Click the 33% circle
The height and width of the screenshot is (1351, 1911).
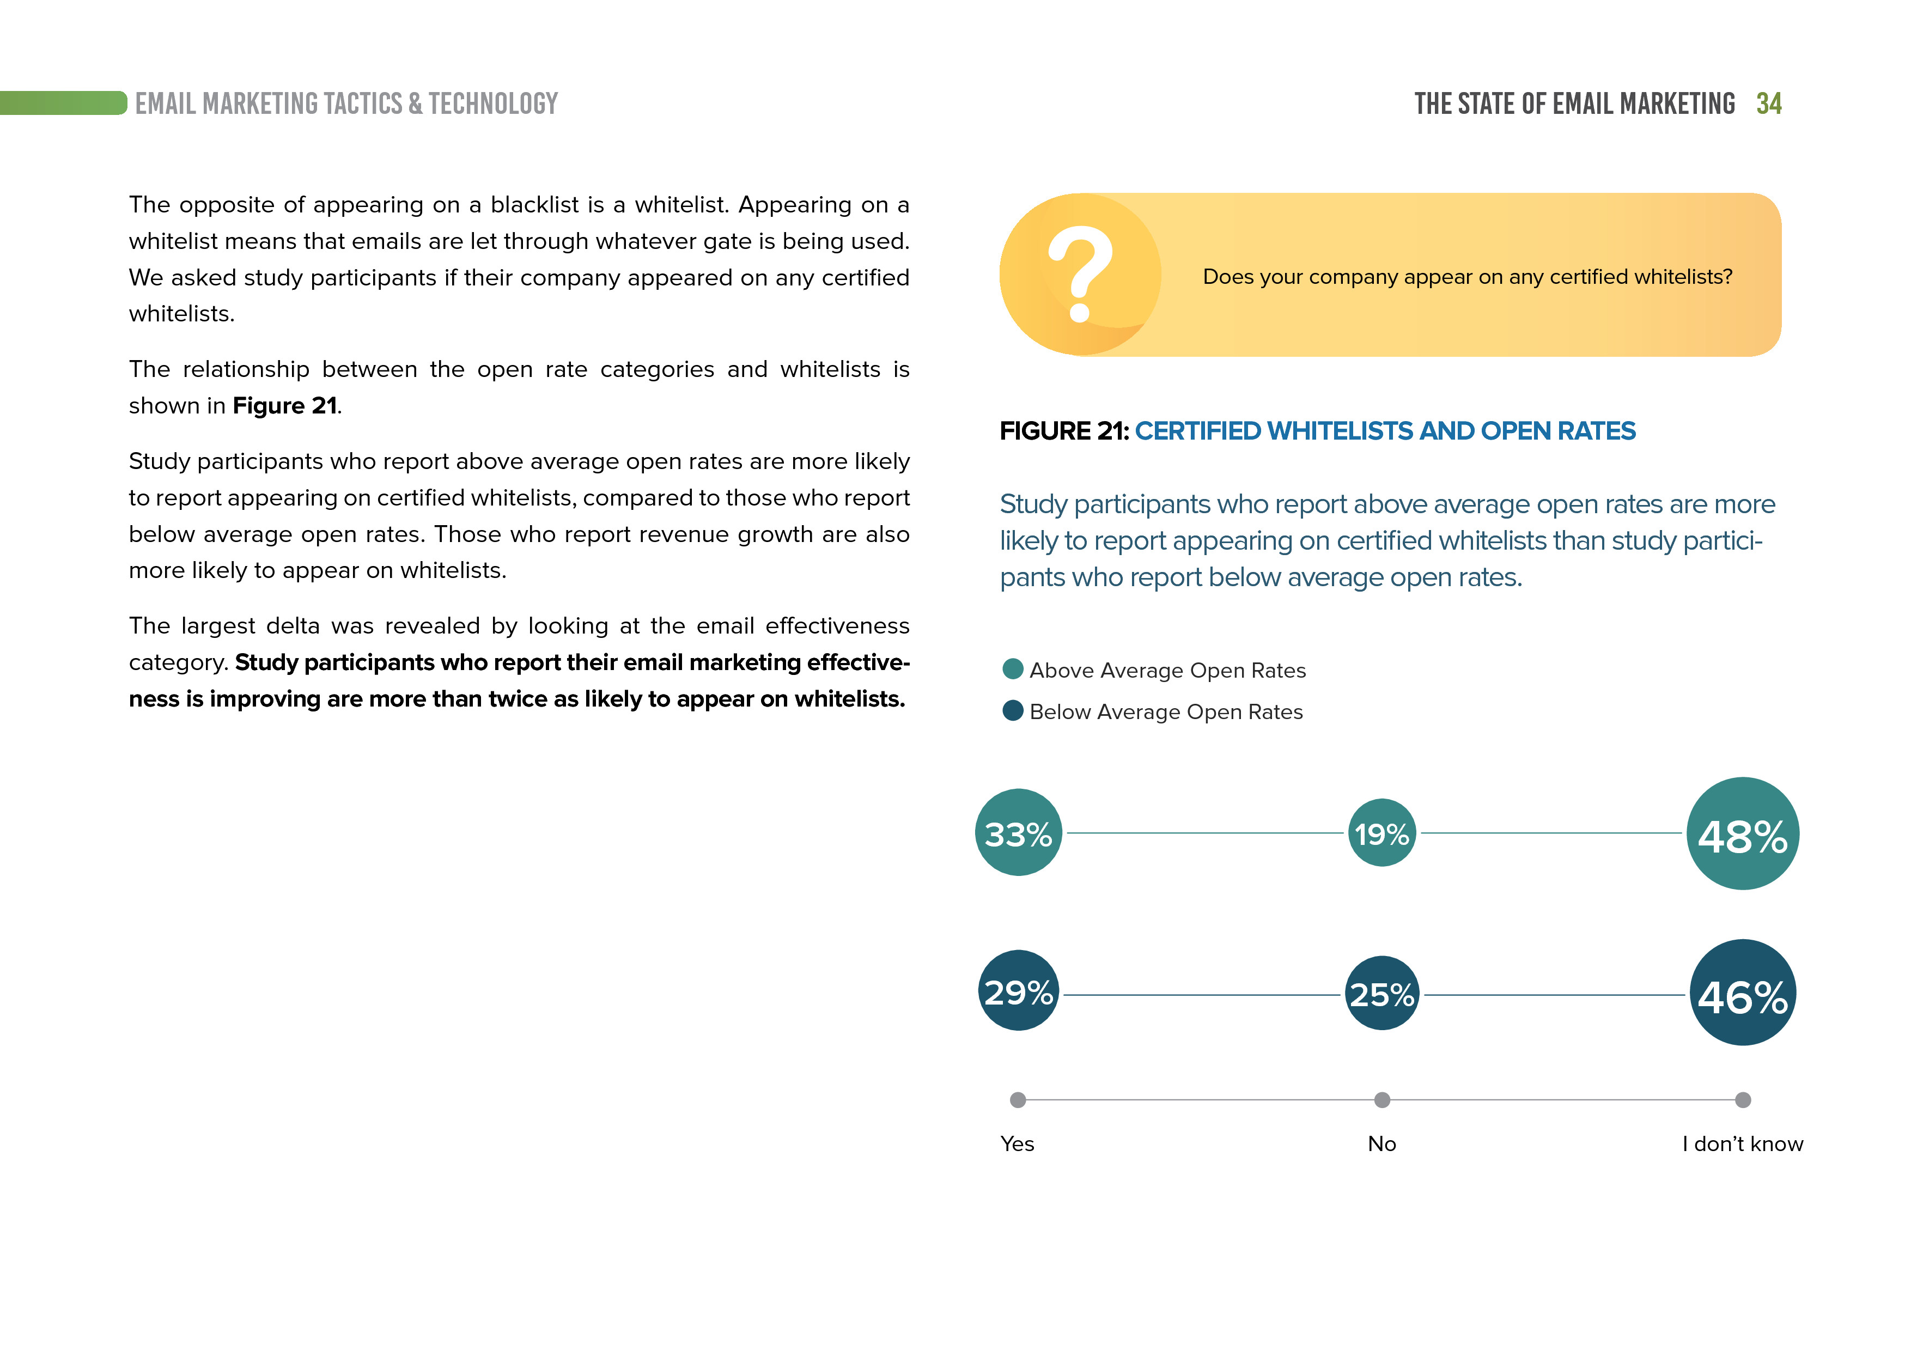(x=1018, y=832)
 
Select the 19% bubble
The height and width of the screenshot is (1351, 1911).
(x=1381, y=832)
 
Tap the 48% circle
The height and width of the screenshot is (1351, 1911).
(x=1742, y=833)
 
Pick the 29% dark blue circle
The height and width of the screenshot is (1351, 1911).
(x=1018, y=990)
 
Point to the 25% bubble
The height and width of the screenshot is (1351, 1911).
(x=1381, y=993)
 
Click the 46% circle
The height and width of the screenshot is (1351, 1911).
(x=1742, y=993)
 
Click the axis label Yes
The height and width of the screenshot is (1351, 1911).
(x=1017, y=1144)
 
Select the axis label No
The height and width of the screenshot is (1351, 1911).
(x=1381, y=1144)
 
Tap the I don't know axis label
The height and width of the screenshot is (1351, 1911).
(x=1742, y=1144)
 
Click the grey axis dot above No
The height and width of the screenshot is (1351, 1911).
(x=1381, y=1100)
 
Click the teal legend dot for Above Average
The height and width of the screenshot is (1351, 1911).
(x=1013, y=670)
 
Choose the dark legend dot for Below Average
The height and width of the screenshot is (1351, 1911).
(x=1013, y=711)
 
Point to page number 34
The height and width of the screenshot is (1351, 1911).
(x=1769, y=104)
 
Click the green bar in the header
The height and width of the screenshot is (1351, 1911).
(x=63, y=103)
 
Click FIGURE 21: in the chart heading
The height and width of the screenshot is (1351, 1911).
(x=1064, y=431)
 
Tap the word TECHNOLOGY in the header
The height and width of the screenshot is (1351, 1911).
(x=493, y=104)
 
